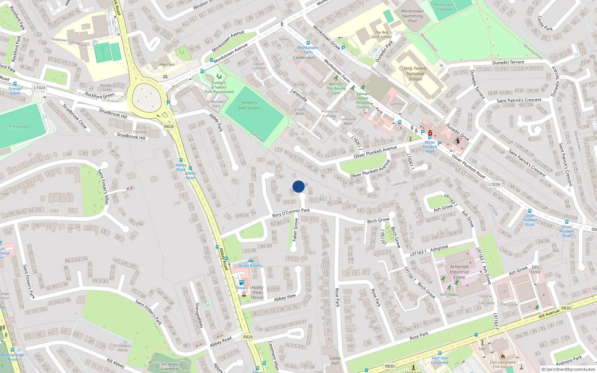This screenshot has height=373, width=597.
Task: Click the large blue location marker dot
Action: [298, 186]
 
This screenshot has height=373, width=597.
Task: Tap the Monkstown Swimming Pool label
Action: [412, 16]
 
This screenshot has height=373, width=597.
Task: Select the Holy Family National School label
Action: [415, 73]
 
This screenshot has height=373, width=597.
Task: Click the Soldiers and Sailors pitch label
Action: [249, 105]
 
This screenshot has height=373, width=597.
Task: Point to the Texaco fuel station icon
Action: [241, 283]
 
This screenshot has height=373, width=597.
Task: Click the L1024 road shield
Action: [39, 88]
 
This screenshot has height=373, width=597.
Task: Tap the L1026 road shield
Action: [494, 184]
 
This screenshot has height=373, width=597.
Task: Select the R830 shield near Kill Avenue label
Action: [566, 308]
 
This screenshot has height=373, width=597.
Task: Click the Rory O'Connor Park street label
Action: [291, 213]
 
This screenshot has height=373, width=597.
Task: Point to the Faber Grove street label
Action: [295, 230]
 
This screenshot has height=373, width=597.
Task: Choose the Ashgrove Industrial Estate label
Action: [459, 272]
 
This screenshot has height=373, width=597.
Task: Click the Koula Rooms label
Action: [250, 266]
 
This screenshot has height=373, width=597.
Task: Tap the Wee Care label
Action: [167, 65]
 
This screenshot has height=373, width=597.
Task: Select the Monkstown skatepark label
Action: [443, 7]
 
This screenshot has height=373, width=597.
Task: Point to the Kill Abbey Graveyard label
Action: [170, 367]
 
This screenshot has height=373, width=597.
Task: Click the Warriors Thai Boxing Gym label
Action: [336, 88]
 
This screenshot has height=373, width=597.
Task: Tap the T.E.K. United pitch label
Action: [17, 126]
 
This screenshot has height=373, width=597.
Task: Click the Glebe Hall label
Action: [335, 360]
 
